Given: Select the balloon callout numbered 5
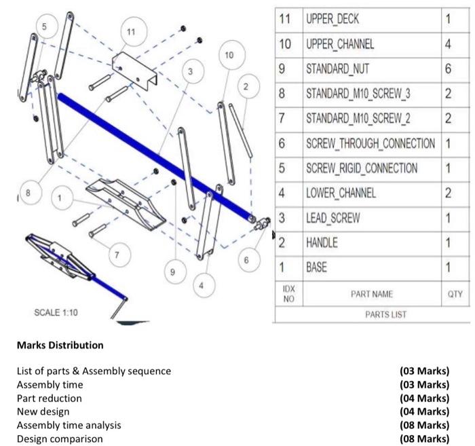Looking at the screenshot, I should [x=45, y=26].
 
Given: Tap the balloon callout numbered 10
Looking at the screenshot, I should [x=229, y=53].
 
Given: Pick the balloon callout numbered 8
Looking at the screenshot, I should [x=28, y=192].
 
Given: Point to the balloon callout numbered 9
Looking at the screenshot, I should [x=173, y=272].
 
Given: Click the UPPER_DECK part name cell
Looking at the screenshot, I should [x=335, y=18].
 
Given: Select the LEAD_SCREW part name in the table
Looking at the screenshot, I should [x=333, y=217].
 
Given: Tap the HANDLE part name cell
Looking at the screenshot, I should [x=322, y=242].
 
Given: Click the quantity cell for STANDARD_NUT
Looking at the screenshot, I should [x=448, y=69].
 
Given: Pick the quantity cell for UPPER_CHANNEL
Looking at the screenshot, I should [x=448, y=43].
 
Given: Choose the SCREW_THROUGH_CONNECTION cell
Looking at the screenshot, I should [x=370, y=143].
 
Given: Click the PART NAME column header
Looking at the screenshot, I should [x=371, y=294].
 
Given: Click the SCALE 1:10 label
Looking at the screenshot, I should [x=56, y=312].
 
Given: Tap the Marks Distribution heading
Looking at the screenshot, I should [x=60, y=345].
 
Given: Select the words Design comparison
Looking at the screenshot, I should [x=60, y=439].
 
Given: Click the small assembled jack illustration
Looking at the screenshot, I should [x=64, y=261].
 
